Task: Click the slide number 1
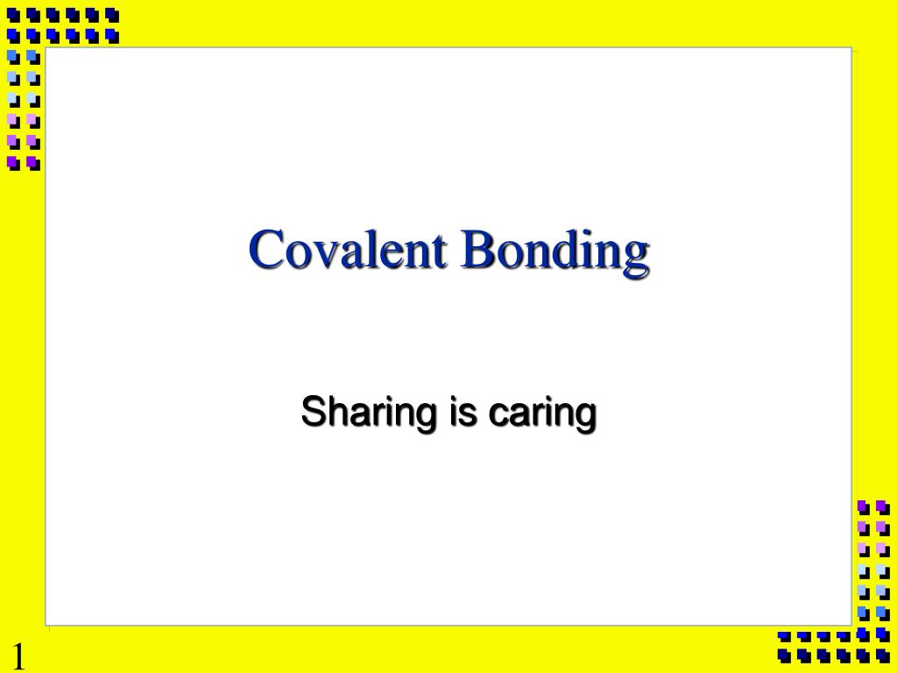[18, 656]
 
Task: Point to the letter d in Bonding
[571, 249]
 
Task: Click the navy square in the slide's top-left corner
[13, 15]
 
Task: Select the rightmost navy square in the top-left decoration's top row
[111, 15]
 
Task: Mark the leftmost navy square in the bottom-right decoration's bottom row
[783, 654]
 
